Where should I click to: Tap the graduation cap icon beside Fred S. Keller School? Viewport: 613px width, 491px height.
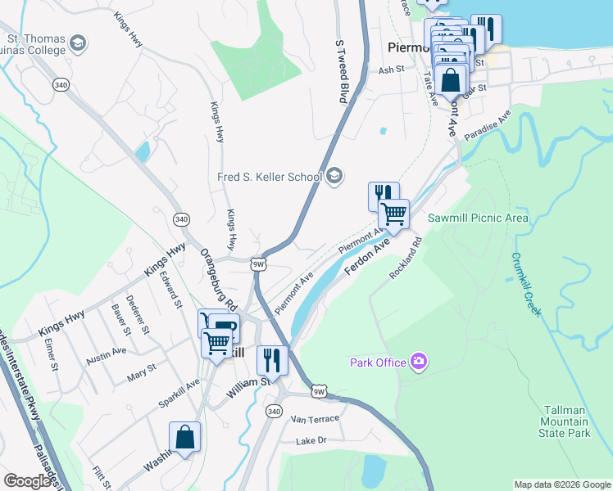tap(334, 175)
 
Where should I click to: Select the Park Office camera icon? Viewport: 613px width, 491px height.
tap(420, 361)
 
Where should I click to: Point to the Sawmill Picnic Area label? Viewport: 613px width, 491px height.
tap(478, 218)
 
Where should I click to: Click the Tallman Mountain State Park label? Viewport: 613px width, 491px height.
tap(579, 421)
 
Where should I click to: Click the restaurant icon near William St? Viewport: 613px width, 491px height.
tap(271, 360)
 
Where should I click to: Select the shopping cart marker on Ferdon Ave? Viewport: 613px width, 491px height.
tap(394, 214)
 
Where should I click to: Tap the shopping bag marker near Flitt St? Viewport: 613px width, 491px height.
tap(185, 437)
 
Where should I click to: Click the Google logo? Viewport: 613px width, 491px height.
tap(27, 481)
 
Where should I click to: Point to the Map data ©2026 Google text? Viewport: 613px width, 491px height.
tap(561, 484)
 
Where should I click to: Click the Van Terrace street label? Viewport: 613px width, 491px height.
tap(315, 418)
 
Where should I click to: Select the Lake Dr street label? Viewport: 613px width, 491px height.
tap(311, 440)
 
